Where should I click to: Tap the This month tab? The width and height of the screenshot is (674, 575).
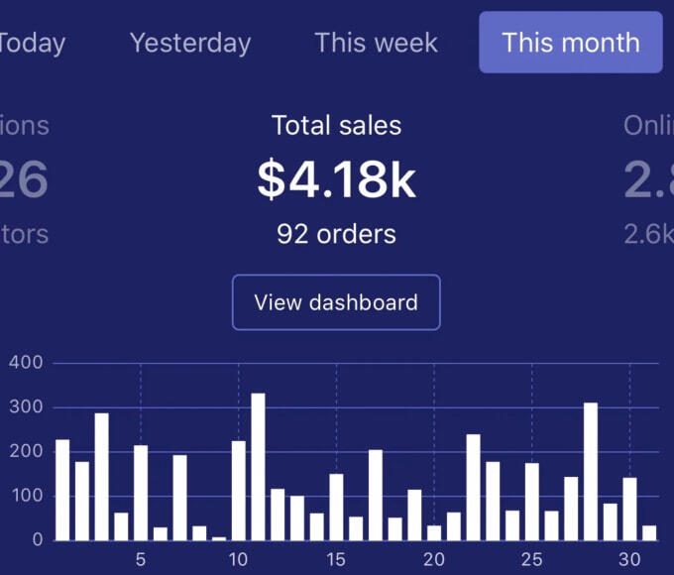570,43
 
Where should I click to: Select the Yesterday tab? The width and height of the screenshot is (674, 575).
190,44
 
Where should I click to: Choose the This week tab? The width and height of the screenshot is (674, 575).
376,44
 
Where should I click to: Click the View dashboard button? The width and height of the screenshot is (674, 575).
336,302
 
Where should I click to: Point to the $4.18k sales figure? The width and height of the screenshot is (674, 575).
336,180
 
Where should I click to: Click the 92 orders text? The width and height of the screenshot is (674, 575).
336,234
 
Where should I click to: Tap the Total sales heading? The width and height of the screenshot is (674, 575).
336,126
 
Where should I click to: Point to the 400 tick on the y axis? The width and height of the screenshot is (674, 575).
26,363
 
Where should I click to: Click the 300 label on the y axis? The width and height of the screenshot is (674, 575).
26,407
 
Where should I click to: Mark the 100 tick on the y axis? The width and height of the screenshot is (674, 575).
26,496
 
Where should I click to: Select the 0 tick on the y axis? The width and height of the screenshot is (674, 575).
36,540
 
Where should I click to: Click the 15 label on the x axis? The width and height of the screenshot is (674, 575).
336,559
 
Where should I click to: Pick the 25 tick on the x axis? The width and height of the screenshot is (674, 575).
532,559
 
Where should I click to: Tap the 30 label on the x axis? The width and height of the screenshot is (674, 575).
629,559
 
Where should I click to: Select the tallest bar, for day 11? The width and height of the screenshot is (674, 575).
258,467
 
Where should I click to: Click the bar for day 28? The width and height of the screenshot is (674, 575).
591,472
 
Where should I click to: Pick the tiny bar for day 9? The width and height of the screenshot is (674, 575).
219,538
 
